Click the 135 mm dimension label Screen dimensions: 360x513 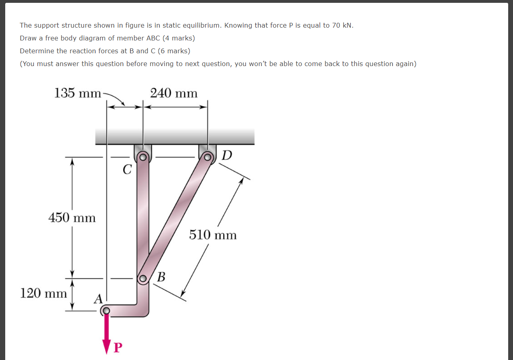pyautogui.click(x=78, y=93)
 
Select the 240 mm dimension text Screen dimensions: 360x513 pyautogui.click(x=174, y=93)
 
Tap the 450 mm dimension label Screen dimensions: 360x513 pyautogui.click(x=72, y=218)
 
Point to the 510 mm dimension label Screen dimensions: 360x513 pyautogui.click(x=213, y=235)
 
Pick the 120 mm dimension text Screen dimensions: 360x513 pyautogui.click(x=44, y=293)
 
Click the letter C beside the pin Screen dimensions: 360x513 pyautogui.click(x=127, y=170)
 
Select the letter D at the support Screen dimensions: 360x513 pyautogui.click(x=226, y=155)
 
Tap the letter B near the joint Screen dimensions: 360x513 pyautogui.click(x=161, y=277)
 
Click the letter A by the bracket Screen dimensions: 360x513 pyautogui.click(x=98, y=298)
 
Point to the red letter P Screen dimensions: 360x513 pyautogui.click(x=117, y=347)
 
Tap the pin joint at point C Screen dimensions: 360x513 pyautogui.click(x=142, y=157)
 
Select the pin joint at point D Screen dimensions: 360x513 pyautogui.click(x=207, y=157)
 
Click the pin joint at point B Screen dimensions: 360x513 pyautogui.click(x=143, y=278)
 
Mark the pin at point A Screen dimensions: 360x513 pyautogui.click(x=106, y=310)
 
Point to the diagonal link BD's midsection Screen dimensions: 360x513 pyautogui.click(x=175, y=217)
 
